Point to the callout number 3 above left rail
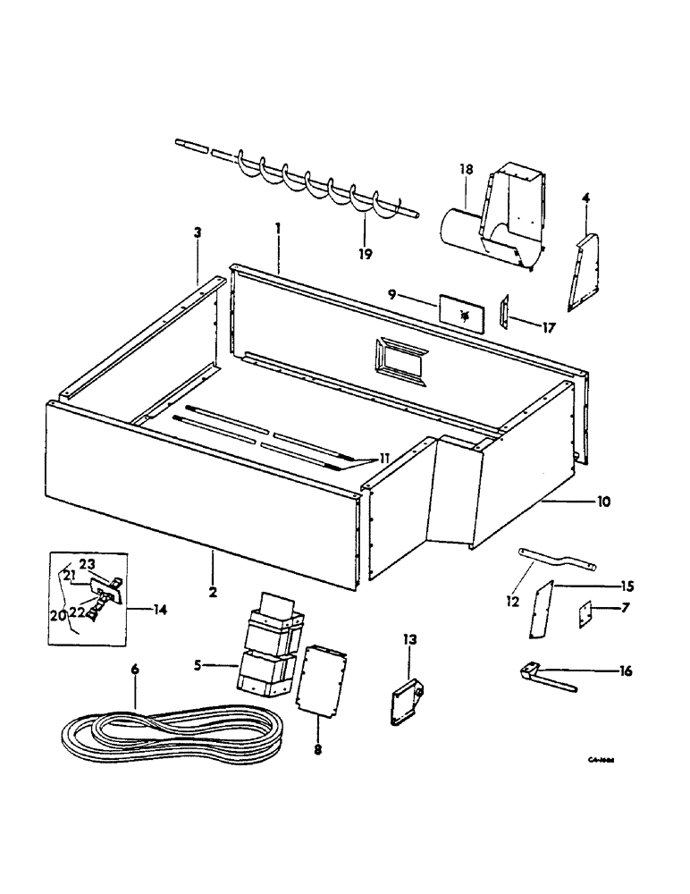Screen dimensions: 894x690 (198, 232)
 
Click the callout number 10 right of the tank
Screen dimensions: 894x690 (604, 502)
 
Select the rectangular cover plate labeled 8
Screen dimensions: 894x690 (320, 679)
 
